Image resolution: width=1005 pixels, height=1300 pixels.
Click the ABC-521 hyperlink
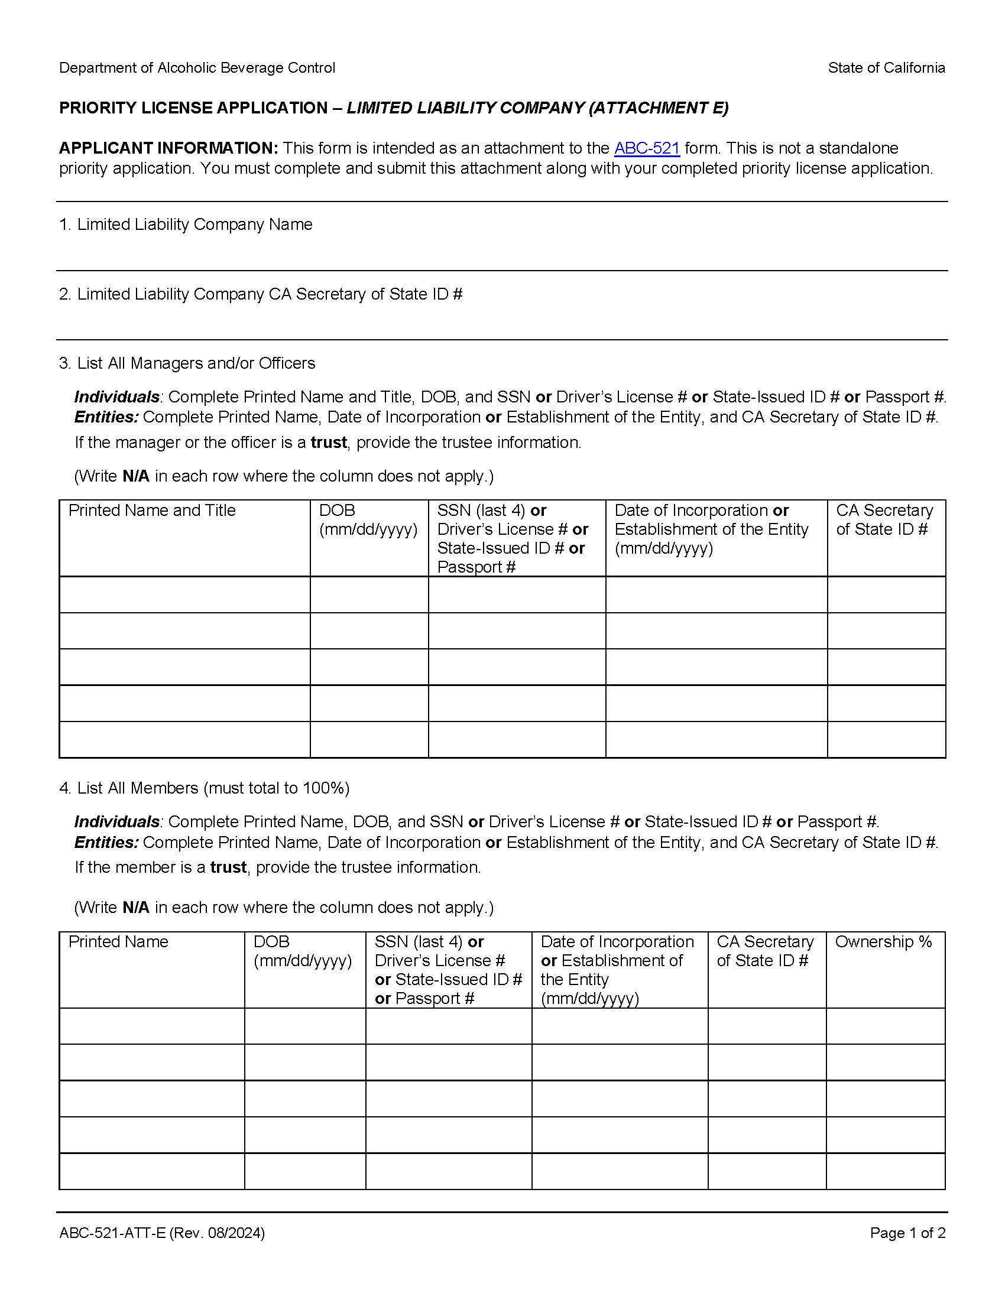point(647,148)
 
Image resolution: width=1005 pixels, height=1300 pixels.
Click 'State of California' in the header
point(886,68)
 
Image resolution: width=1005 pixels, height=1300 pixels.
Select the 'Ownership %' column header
point(883,942)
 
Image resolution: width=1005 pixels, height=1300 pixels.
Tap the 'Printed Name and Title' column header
point(152,510)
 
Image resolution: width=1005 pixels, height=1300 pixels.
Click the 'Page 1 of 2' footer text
point(907,1233)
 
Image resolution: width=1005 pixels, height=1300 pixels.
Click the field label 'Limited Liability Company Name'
point(194,225)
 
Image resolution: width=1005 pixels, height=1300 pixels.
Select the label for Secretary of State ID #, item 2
point(269,294)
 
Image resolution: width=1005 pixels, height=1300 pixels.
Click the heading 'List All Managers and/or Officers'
point(196,363)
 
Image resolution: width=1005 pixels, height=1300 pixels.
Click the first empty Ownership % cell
point(886,1026)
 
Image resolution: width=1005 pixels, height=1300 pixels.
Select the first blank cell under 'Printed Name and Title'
point(184,594)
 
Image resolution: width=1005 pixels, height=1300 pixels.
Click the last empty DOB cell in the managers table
point(368,739)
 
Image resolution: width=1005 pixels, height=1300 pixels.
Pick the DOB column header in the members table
point(303,951)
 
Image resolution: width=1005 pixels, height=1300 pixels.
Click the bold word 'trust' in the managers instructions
point(329,442)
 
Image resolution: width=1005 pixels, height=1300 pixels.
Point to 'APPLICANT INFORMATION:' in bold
point(168,148)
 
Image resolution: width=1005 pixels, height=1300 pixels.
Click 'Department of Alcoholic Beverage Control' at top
point(197,68)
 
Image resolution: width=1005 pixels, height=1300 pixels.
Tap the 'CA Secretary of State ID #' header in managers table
point(884,519)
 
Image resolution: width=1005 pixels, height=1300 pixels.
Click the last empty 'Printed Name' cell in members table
point(151,1171)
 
